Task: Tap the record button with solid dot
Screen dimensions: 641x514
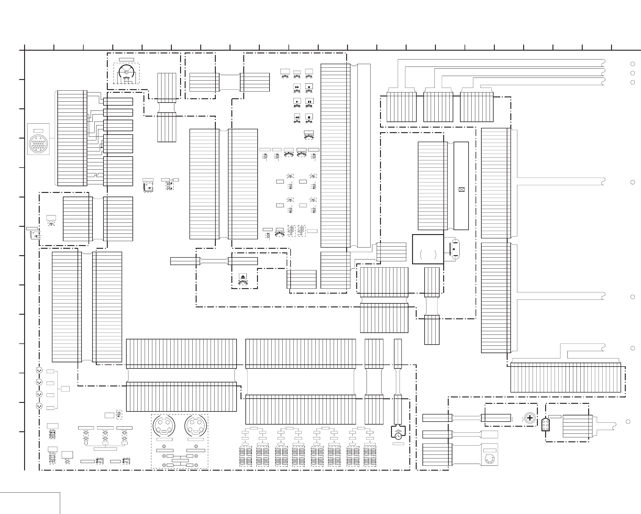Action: tap(309, 87)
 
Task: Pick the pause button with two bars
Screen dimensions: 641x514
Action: tap(309, 101)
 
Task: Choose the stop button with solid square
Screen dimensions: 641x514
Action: tap(309, 117)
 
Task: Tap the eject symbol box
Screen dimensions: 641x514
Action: tap(243, 276)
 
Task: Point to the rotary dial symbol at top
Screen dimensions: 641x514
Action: tap(126, 72)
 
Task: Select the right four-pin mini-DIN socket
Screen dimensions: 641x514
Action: tap(196, 426)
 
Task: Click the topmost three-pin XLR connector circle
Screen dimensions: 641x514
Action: tap(39, 371)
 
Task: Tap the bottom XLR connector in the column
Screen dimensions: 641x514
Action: tap(39, 406)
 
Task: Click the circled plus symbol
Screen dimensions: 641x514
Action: tap(530, 418)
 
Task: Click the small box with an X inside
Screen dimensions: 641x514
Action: tap(461, 190)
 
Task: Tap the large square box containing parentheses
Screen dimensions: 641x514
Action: tap(428, 249)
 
